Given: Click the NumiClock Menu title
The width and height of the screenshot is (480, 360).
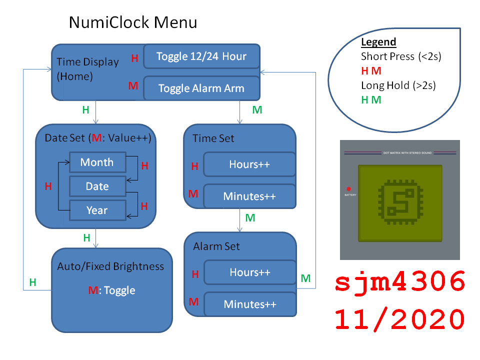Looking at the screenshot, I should pos(132,22).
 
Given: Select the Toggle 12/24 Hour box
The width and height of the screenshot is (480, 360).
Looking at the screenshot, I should pos(201,56).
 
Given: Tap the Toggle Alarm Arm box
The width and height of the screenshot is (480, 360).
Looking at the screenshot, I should pos(201,88).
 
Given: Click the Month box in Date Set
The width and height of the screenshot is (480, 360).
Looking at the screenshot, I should pos(97,162).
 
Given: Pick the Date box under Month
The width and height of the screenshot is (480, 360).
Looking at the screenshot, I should pos(97,186).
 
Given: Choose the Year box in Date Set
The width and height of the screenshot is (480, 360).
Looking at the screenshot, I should pos(97,210).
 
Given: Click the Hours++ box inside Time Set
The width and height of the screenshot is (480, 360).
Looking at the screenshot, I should pos(249,164).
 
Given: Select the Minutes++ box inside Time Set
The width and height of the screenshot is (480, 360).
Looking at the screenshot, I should pos(249,196).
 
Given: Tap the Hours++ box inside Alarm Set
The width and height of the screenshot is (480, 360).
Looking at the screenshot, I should pos(250,272).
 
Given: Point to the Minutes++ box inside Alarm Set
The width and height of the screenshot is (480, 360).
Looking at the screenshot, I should pos(250,304).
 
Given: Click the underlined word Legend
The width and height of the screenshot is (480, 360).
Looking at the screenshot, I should pos(378,42).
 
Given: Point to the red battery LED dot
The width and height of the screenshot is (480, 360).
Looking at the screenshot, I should pos(348,189).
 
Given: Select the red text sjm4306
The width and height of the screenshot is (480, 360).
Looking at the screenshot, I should pos(400,283).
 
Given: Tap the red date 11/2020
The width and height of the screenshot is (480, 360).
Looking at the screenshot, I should pos(400,318).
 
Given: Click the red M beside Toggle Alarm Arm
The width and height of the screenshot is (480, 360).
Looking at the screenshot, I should pos(133,86).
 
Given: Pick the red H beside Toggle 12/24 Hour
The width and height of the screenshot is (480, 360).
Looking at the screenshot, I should pos(134,58).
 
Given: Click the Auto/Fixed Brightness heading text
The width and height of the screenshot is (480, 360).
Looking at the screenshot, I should pos(110,266).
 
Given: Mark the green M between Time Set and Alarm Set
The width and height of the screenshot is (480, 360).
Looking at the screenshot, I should pos(250,218).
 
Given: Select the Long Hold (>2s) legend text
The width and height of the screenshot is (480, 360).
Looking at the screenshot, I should pos(398,85).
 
